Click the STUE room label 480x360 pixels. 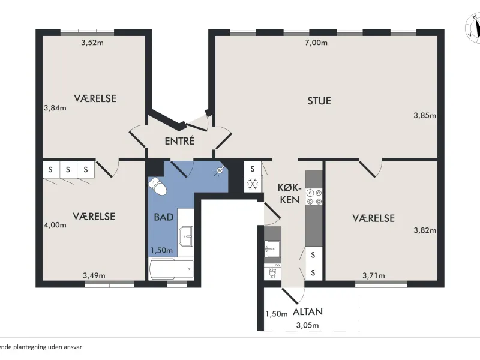(319, 101)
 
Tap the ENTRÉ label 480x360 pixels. (179, 141)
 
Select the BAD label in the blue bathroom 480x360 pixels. (164, 217)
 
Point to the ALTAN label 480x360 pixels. (308, 311)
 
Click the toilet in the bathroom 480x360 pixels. (157, 186)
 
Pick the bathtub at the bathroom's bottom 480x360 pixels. (171, 269)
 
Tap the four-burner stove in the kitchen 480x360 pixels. (314, 197)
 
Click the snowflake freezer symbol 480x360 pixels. (253, 184)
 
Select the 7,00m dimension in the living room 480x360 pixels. (316, 43)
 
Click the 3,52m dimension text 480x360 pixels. (92, 43)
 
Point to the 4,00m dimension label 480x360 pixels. (55, 225)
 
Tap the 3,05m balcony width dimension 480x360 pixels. (307, 325)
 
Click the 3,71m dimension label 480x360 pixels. (374, 275)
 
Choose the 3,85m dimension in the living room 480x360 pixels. (425, 115)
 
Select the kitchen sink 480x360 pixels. (272, 248)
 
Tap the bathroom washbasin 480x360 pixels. (186, 236)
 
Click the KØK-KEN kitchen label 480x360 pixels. (290, 193)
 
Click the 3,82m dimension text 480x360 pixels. (425, 230)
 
